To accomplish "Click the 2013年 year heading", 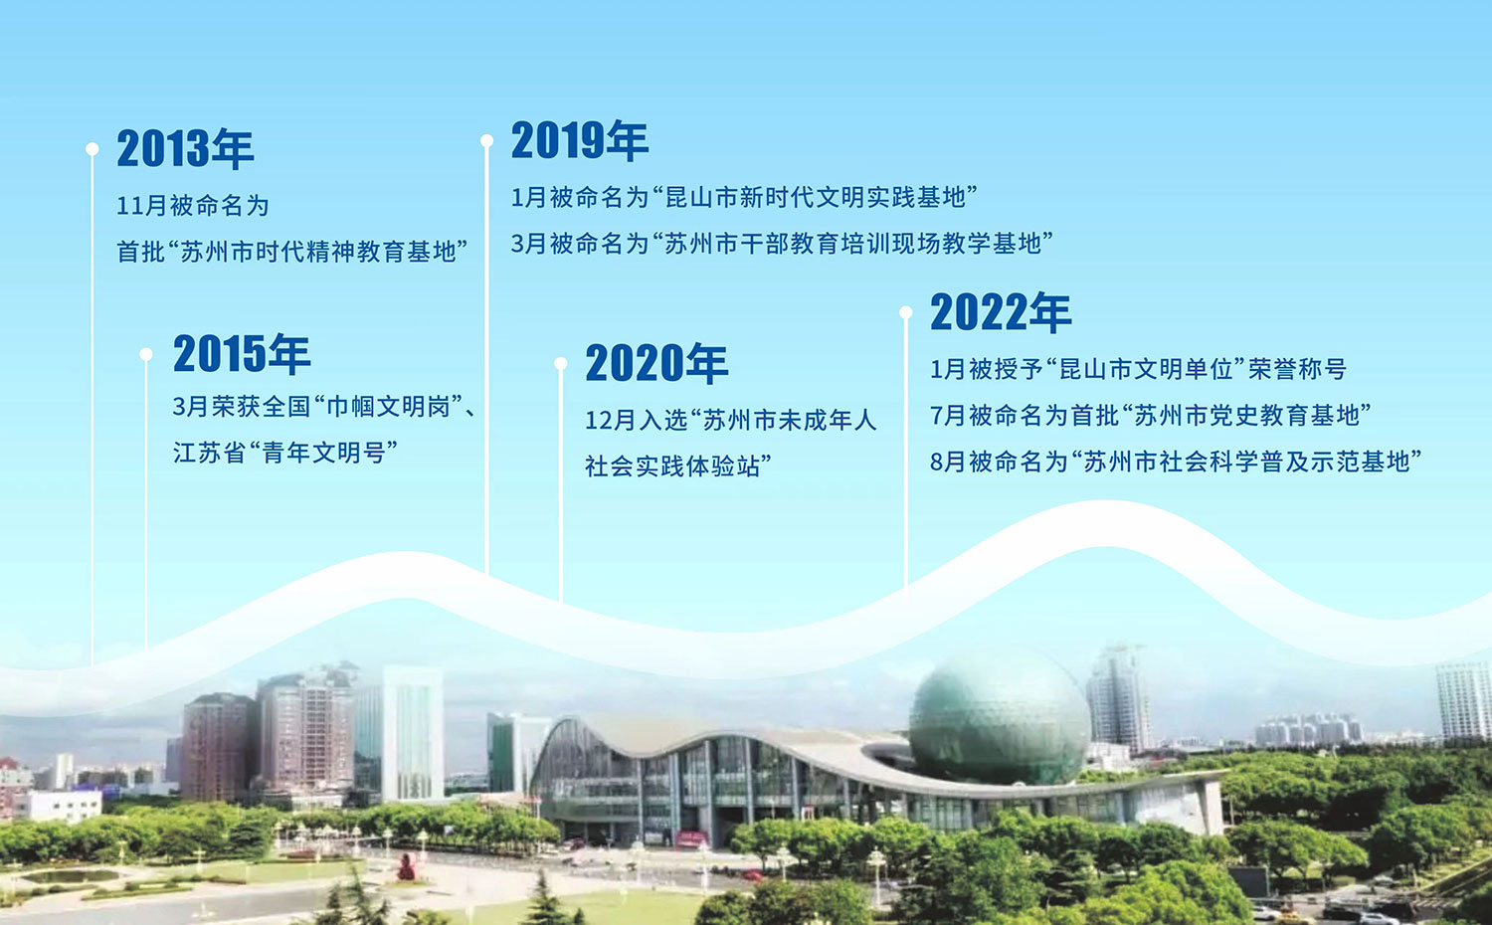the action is [x=185, y=148].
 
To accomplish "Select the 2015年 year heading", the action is [x=242, y=353].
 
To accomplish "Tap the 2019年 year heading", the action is [x=580, y=140].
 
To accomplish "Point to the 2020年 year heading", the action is [x=656, y=363].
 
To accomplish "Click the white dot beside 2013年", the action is [x=93, y=148].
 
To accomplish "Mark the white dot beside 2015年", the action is [x=146, y=354].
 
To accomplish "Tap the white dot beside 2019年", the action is [x=487, y=140].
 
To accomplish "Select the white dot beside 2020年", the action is [x=561, y=363].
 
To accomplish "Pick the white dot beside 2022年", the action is [x=906, y=311].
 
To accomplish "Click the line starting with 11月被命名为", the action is [x=193, y=205].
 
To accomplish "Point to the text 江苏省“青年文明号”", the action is [x=285, y=453].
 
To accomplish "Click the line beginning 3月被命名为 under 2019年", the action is [x=782, y=243].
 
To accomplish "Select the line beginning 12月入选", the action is [x=731, y=420].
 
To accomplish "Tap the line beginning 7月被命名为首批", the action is [x=1150, y=415].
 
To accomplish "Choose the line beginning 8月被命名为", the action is [x=1176, y=461].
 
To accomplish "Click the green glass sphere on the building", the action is [x=1000, y=718].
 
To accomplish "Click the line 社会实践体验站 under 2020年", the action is [x=678, y=466].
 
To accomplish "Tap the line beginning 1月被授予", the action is [x=1138, y=368].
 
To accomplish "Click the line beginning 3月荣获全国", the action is [x=324, y=406].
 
